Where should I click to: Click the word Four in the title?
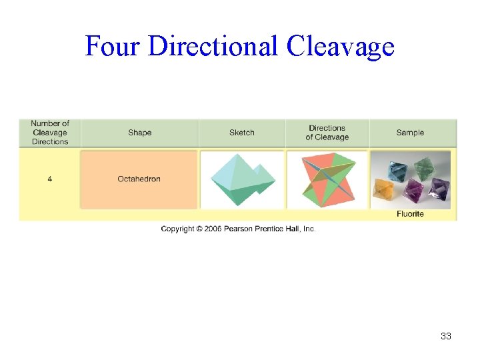113,47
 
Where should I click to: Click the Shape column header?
139,133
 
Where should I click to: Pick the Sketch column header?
241,133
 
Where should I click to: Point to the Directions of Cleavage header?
327,133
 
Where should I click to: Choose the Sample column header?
410,133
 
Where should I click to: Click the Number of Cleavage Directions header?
50,133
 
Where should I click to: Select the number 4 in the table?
49,179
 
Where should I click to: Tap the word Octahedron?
139,179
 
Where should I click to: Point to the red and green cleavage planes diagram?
327,179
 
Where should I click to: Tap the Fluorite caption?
410,214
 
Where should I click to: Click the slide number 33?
446,336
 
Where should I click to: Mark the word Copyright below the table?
177,229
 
